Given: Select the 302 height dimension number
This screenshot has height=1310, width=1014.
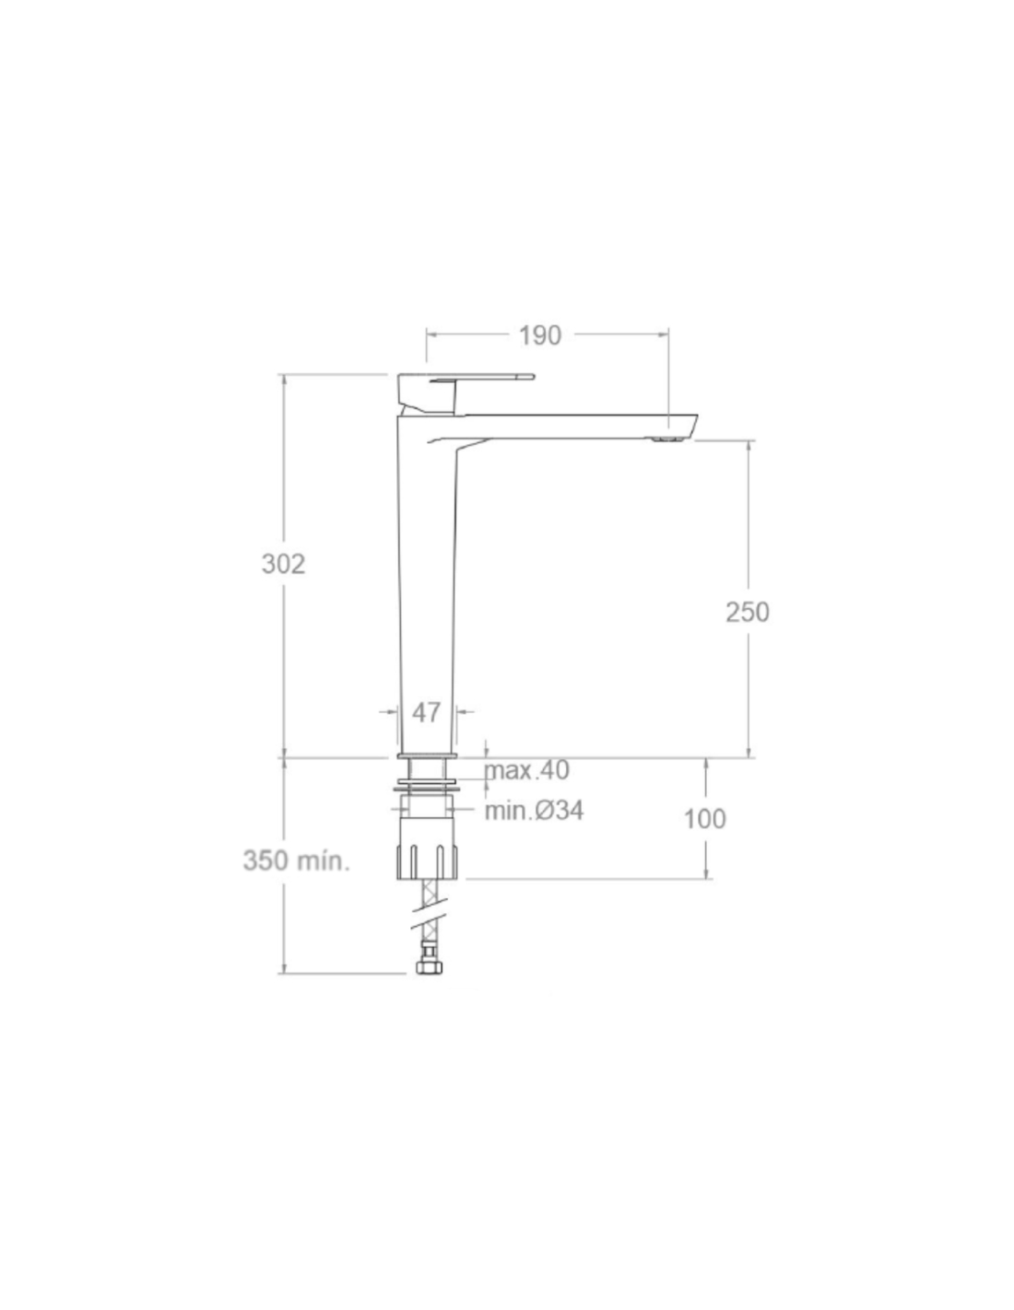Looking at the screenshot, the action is pyautogui.click(x=283, y=564).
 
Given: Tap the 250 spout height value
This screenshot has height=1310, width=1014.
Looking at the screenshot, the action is pyautogui.click(x=748, y=612).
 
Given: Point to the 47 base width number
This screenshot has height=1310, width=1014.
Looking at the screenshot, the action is pyautogui.click(x=427, y=712).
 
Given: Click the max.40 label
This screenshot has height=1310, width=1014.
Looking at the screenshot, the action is pyautogui.click(x=527, y=770).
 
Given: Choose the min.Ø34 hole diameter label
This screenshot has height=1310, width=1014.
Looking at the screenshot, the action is pyautogui.click(x=535, y=811).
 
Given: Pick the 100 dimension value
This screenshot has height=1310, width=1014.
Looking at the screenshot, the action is pyautogui.click(x=704, y=819).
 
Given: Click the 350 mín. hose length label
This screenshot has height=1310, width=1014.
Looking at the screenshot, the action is pyautogui.click(x=296, y=860).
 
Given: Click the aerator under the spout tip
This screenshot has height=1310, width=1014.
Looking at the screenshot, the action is pyautogui.click(x=667, y=439).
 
